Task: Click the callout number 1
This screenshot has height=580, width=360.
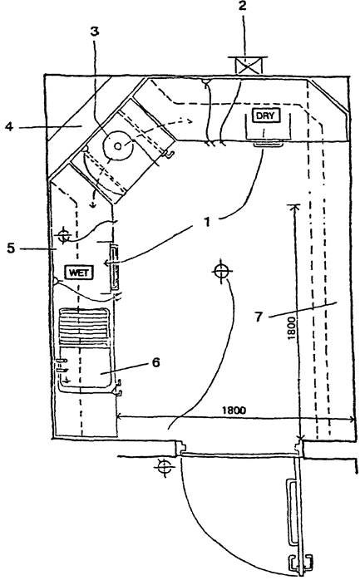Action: [x=207, y=223]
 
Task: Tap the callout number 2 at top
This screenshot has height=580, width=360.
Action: [x=242, y=7]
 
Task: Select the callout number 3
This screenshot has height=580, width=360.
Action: [x=95, y=32]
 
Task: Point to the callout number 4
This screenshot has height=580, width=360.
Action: [x=9, y=127]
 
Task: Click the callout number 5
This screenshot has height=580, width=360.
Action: [x=11, y=248]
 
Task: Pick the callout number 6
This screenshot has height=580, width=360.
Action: [x=155, y=362]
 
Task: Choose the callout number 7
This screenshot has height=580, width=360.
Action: [x=259, y=317]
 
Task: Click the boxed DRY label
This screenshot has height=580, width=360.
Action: [x=266, y=116]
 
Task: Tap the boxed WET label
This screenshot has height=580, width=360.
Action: [x=79, y=273]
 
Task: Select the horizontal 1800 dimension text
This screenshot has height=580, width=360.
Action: [x=234, y=410]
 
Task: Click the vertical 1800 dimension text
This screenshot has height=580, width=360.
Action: [x=291, y=327]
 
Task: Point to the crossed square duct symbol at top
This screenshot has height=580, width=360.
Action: [x=249, y=66]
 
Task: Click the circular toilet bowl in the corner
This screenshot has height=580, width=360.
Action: [x=117, y=146]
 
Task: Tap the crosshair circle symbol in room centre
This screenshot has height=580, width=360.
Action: [x=221, y=272]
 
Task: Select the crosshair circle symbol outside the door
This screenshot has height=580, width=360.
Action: [x=163, y=467]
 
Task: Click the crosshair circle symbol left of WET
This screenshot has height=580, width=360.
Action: [x=64, y=234]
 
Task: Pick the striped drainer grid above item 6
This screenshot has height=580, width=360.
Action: [x=85, y=327]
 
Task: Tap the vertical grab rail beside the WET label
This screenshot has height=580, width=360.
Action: [x=115, y=267]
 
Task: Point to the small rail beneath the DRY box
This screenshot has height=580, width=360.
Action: [x=269, y=144]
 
